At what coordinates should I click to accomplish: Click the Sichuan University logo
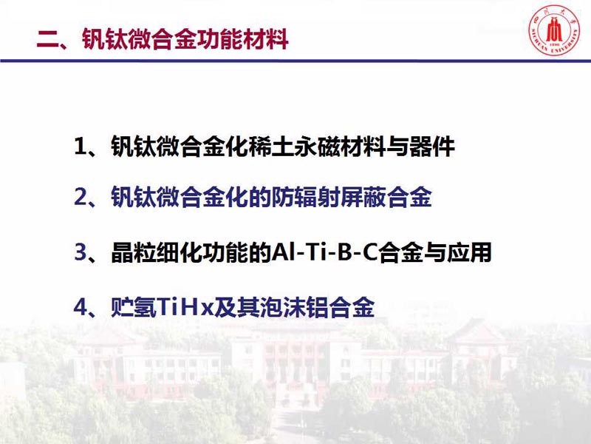click(553, 30)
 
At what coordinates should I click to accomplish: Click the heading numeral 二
click(47, 40)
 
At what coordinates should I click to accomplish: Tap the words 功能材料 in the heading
click(242, 39)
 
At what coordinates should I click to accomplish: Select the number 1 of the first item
click(81, 147)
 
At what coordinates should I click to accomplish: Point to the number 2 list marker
click(81, 197)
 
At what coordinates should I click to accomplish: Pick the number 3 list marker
click(81, 252)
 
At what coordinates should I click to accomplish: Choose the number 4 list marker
click(81, 307)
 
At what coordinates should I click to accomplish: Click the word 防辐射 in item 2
click(305, 197)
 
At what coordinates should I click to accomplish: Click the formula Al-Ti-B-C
click(324, 252)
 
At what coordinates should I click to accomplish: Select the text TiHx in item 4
click(185, 307)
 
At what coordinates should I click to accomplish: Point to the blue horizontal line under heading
click(295, 61)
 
